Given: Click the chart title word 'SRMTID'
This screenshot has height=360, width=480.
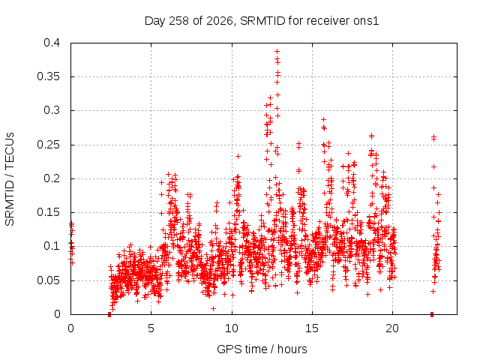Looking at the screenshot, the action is click(262, 21).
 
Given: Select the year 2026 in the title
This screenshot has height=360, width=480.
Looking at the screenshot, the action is click(220, 21).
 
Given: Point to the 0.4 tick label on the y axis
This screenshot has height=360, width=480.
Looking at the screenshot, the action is click(52, 43).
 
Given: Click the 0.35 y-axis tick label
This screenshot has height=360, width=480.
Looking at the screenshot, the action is click(48, 76).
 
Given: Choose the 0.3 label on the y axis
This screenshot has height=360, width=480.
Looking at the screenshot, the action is click(52, 110).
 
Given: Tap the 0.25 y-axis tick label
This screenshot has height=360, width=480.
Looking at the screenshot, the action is click(48, 145).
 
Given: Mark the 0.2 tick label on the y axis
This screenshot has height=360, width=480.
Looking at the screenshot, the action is click(52, 178).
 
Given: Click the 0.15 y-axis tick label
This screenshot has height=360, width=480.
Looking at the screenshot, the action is click(48, 212).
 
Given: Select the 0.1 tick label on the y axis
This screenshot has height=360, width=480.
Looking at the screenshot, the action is click(52, 246).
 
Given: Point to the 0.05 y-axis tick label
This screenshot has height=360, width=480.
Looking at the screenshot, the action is click(48, 280).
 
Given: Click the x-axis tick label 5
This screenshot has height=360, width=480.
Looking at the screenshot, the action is click(151, 328).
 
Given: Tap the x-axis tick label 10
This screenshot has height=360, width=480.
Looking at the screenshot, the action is click(232, 328).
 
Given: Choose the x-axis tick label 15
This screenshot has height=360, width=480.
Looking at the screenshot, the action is click(312, 328).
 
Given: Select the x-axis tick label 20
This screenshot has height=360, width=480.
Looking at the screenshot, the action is click(392, 328).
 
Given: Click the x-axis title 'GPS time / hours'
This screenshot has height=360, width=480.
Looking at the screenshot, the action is click(262, 349).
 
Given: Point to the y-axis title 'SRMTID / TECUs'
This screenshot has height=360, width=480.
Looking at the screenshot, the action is click(10, 179).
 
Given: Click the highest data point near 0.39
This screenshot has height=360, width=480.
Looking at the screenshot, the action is click(277, 52).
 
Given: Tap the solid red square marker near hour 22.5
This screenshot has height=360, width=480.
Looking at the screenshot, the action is click(432, 314).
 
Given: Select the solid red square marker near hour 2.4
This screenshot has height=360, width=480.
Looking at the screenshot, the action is click(109, 315).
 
